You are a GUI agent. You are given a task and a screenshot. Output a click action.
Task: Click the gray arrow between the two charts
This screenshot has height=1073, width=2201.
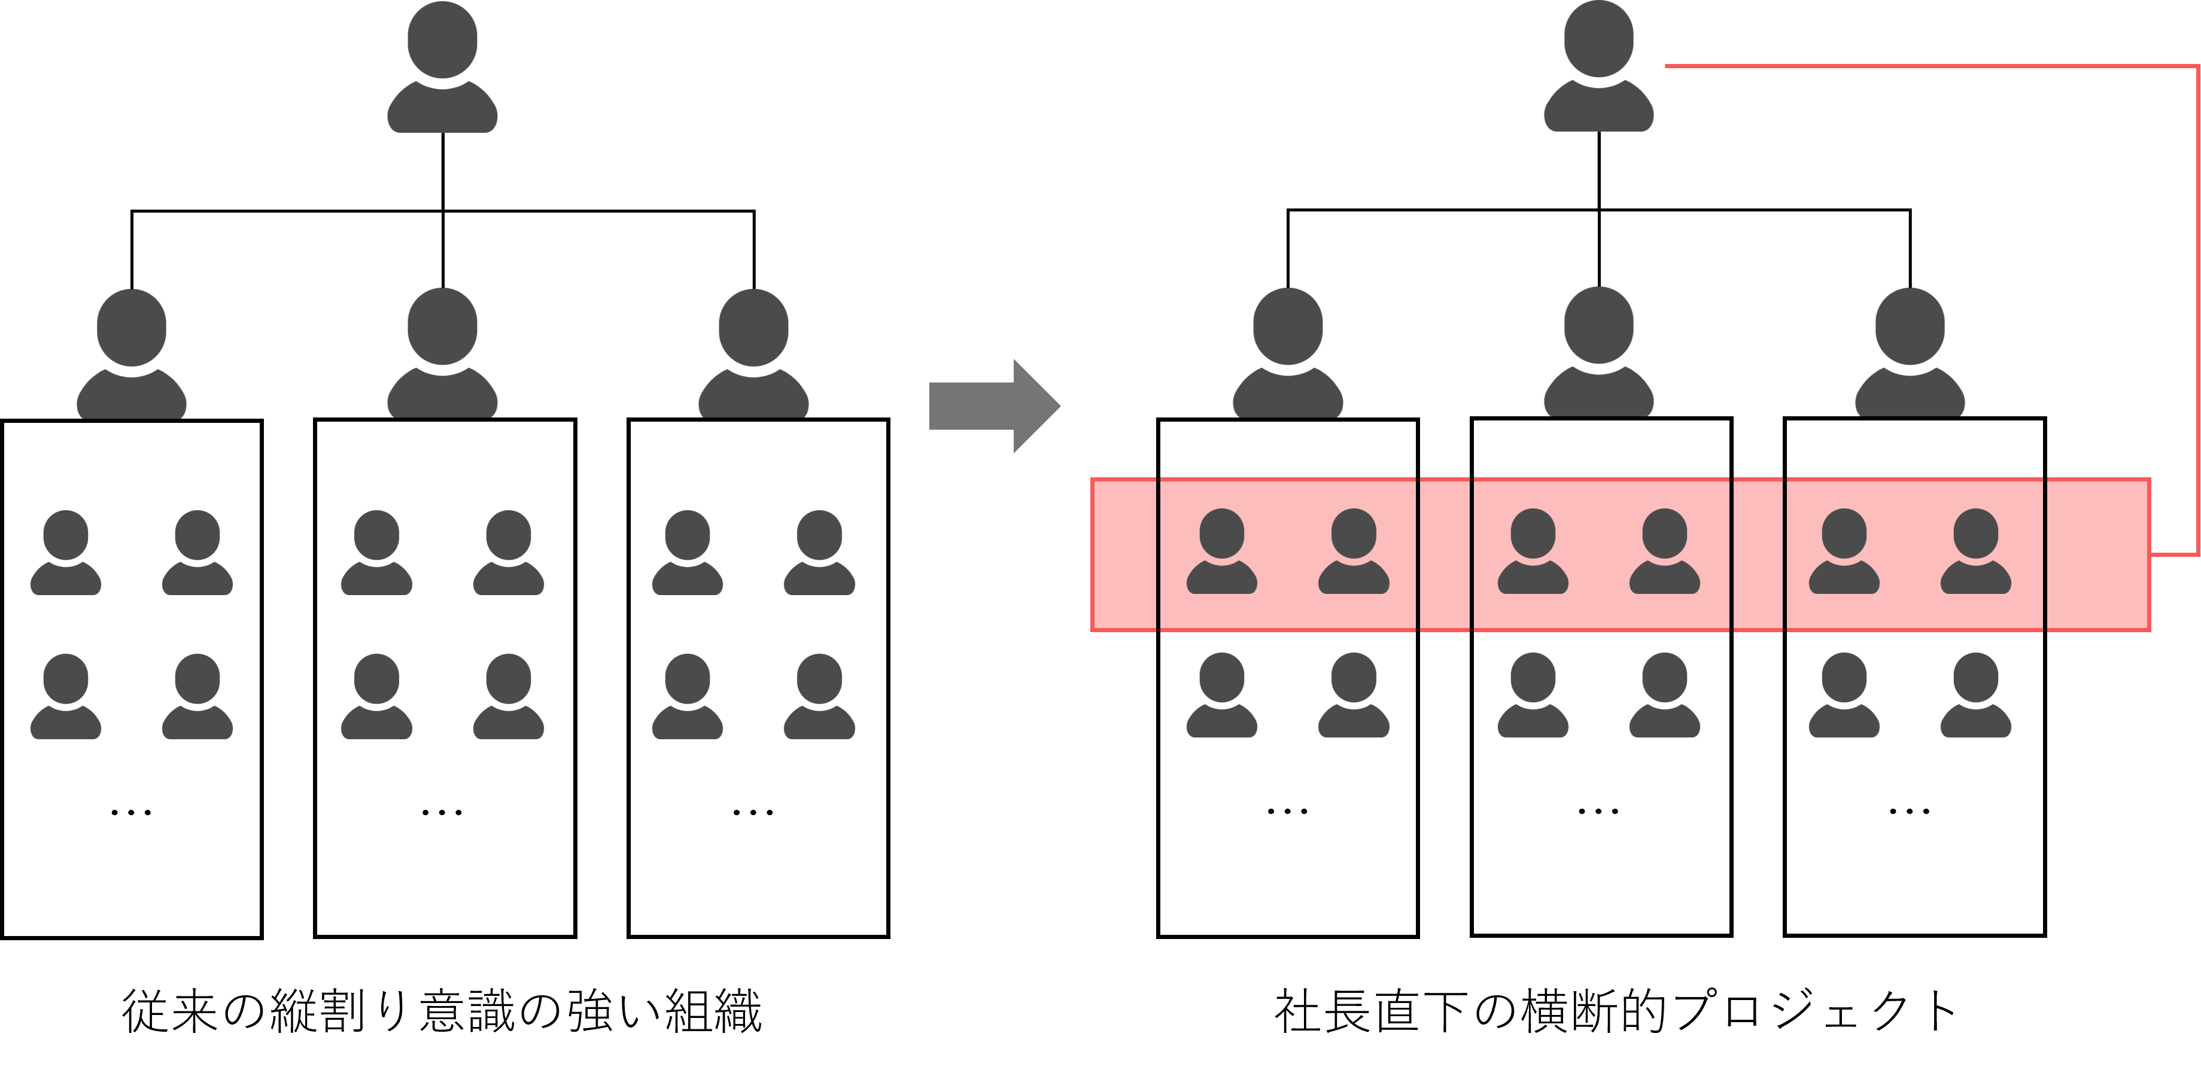(x=994, y=406)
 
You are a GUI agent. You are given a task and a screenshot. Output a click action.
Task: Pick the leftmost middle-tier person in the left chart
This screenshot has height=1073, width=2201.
(x=132, y=355)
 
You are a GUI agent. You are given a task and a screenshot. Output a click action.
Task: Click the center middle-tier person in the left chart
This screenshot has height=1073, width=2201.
(x=443, y=355)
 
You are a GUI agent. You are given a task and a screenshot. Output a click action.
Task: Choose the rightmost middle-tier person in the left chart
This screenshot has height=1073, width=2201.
(x=753, y=355)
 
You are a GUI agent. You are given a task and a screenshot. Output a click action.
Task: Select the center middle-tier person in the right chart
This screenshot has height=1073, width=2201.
(x=1598, y=353)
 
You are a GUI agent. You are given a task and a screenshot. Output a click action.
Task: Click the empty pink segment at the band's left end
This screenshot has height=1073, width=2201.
(x=1124, y=555)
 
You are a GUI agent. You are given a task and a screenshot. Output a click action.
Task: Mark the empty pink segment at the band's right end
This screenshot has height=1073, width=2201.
(x=2097, y=555)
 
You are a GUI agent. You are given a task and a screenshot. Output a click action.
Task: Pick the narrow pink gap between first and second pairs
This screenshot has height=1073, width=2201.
(x=1444, y=555)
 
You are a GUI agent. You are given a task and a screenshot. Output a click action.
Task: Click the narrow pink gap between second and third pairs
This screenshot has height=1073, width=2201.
(x=1758, y=555)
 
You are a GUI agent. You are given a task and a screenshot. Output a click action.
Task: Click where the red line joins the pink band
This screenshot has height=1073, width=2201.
(x=2151, y=555)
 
